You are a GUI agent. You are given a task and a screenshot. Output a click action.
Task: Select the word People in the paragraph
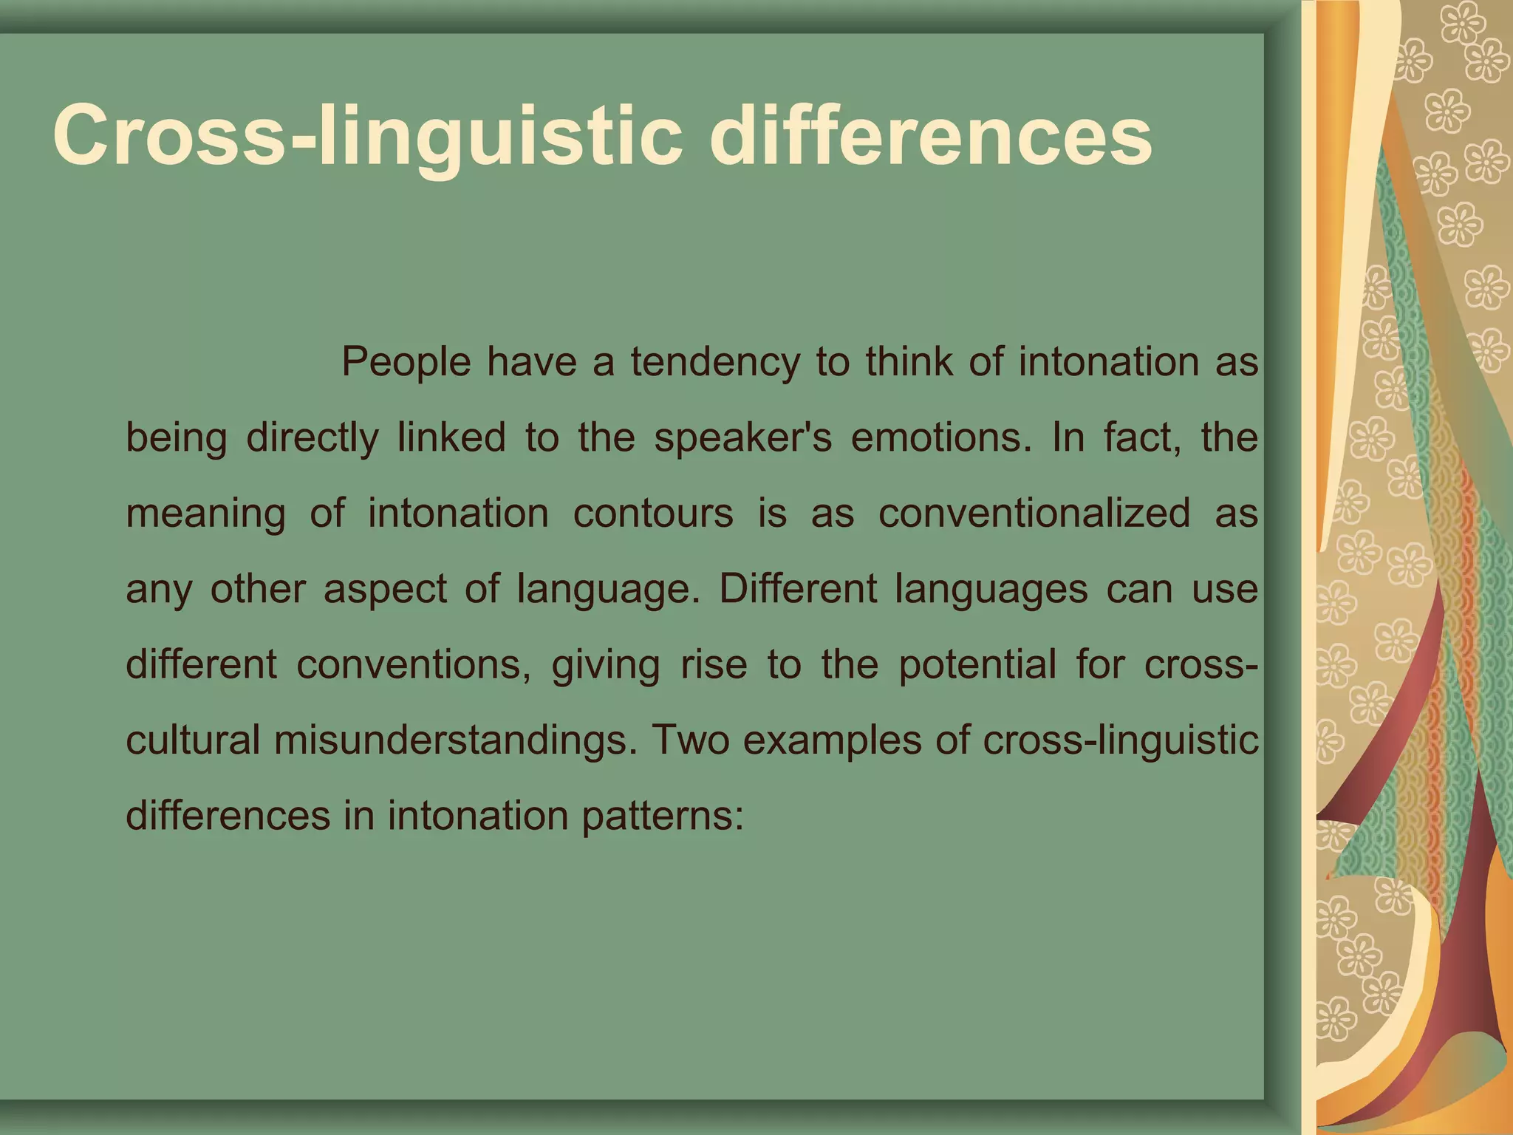click(406, 363)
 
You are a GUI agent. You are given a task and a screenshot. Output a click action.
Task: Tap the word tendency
click(714, 363)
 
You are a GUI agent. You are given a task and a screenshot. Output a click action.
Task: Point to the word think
click(909, 363)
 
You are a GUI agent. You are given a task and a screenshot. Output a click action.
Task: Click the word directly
click(312, 438)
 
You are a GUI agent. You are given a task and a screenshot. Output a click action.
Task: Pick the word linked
click(451, 438)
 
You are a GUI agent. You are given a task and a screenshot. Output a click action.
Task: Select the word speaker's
click(742, 438)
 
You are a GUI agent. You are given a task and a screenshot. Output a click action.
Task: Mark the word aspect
click(384, 590)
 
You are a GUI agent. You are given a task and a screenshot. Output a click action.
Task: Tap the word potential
click(977, 665)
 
